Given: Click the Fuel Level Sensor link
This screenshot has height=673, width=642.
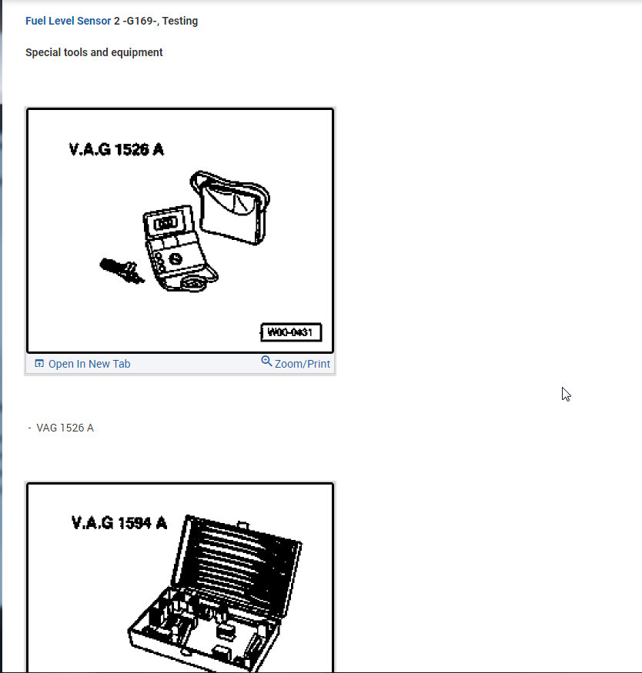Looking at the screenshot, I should tap(68, 21).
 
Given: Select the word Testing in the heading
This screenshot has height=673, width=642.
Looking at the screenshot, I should tap(179, 21).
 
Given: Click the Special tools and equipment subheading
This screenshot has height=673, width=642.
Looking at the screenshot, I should tap(94, 52).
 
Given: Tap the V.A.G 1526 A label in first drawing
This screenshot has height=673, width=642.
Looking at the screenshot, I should tap(116, 149).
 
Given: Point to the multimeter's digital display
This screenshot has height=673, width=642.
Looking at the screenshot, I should tap(166, 223).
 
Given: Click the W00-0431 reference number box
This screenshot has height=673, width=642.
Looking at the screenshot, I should tap(291, 333).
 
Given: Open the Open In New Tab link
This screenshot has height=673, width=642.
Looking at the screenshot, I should tap(89, 364).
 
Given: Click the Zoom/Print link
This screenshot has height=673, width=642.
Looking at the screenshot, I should tap(302, 364).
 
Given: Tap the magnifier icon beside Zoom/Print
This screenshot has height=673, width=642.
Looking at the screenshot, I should tap(266, 361).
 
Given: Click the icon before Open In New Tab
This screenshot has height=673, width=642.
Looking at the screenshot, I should tap(39, 364).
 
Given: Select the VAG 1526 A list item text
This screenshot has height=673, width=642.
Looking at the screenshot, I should tap(65, 428).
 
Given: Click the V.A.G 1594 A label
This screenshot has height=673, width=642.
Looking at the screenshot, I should tap(119, 523).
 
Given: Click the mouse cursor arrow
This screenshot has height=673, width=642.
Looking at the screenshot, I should tap(566, 394).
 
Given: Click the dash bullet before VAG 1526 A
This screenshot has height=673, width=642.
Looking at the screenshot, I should tap(29, 428).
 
